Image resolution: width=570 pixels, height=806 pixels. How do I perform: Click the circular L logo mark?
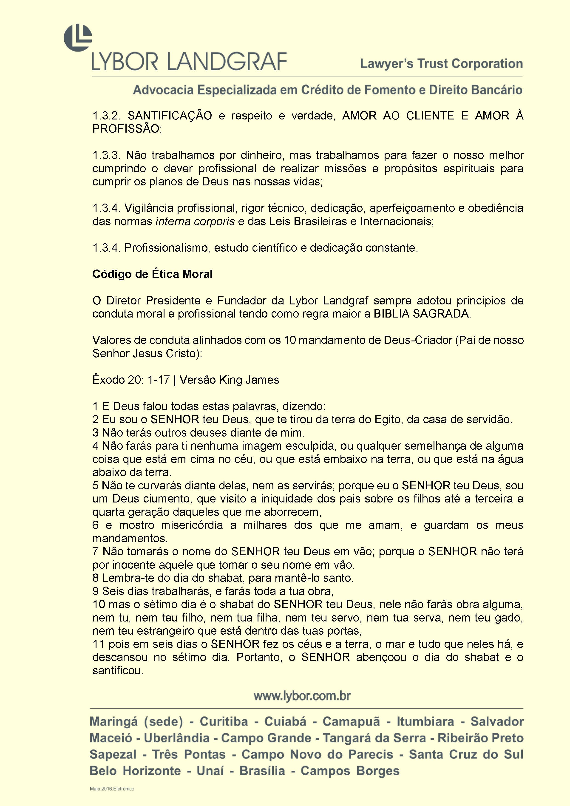pos(78,38)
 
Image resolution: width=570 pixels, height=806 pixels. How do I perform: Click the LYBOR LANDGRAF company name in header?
pos(190,62)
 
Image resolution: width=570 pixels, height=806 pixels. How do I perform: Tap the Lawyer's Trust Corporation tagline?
pos(441,64)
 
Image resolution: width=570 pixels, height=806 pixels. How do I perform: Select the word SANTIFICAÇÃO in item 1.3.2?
pos(170,116)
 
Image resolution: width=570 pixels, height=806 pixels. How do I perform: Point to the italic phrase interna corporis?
pos(195,221)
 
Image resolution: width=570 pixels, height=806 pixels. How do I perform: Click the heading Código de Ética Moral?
pos(152,274)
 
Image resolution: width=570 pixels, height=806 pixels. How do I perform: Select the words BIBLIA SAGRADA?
pos(421,314)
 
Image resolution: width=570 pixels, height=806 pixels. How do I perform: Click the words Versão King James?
pos(229,380)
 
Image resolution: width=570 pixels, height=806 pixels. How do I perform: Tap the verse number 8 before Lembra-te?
pos(96,578)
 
